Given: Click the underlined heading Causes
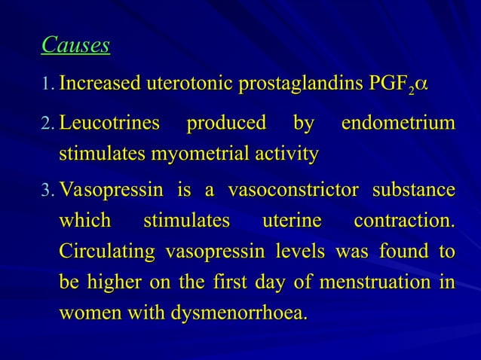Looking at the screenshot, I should pos(75,46).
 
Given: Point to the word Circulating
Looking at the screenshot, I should pos(105,255).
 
